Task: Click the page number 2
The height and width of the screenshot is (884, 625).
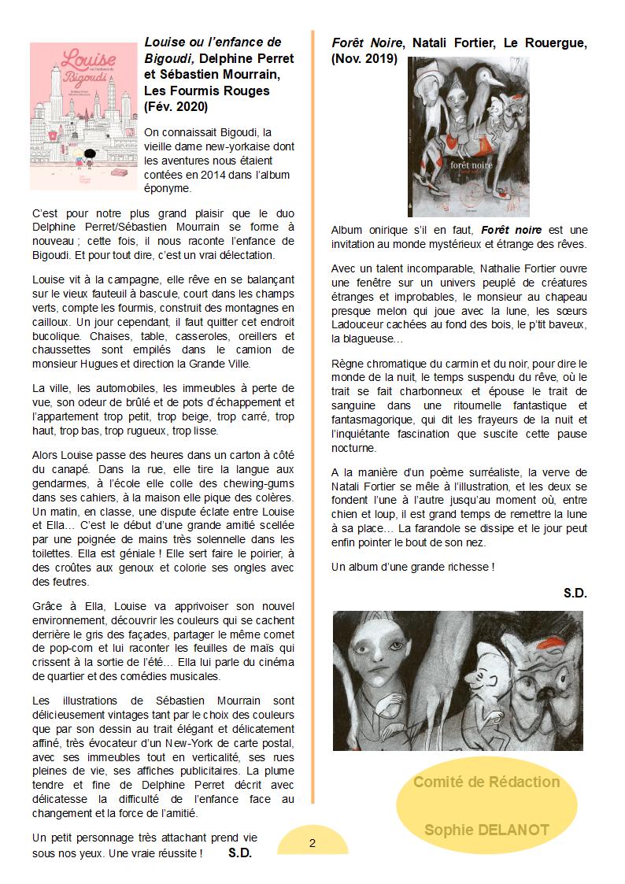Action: (x=312, y=843)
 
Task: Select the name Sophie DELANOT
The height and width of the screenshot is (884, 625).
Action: (x=486, y=830)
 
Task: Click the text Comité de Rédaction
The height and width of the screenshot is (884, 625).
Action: (x=486, y=782)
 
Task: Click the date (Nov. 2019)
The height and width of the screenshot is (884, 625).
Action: (x=364, y=59)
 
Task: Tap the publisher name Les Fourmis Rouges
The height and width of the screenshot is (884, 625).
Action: (x=207, y=91)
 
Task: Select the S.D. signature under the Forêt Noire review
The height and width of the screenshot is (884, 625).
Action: (x=575, y=593)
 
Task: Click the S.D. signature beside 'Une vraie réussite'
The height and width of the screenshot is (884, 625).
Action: (x=239, y=852)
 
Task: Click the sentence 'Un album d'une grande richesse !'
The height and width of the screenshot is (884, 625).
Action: (x=412, y=566)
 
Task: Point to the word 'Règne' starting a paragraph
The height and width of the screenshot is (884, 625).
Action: (x=349, y=364)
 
